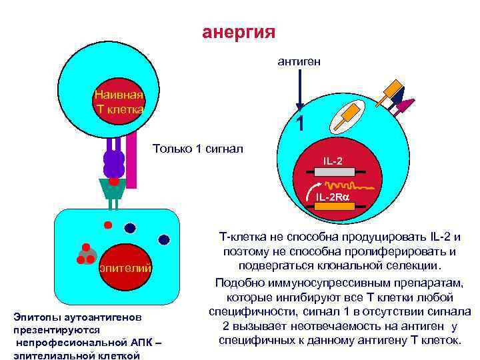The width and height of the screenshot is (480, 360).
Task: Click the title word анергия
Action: (239, 33)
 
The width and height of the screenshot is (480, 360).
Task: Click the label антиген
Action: (299, 61)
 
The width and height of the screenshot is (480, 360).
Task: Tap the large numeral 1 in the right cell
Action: (301, 124)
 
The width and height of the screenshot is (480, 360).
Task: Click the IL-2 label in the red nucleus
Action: (333, 161)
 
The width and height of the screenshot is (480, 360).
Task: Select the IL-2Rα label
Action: (333, 197)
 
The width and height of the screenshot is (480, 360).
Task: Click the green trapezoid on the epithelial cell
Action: (114, 189)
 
